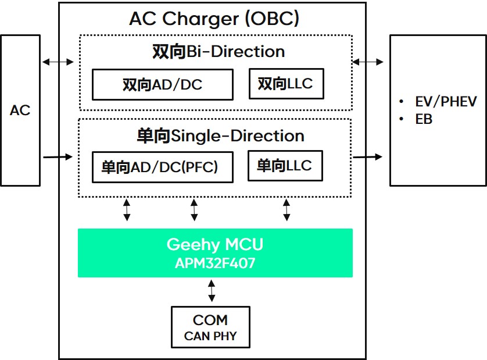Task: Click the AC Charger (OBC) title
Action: (x=214, y=19)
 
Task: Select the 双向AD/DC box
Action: (x=163, y=85)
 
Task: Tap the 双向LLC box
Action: (x=286, y=84)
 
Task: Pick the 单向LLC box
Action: (x=285, y=166)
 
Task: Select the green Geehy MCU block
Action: (x=215, y=252)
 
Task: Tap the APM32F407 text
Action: (x=215, y=263)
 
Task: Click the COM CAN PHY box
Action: (x=210, y=327)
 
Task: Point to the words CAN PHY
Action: (x=210, y=336)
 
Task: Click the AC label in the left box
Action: (x=20, y=111)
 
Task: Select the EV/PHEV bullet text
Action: (x=445, y=102)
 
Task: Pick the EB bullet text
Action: (x=424, y=119)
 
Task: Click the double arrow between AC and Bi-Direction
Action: (x=58, y=61)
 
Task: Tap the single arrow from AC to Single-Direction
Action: (x=58, y=156)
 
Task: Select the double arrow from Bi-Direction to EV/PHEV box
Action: (x=368, y=61)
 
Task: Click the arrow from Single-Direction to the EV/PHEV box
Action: (x=368, y=156)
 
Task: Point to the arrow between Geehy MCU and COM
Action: (x=212, y=290)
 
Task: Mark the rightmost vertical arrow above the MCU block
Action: (x=287, y=209)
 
